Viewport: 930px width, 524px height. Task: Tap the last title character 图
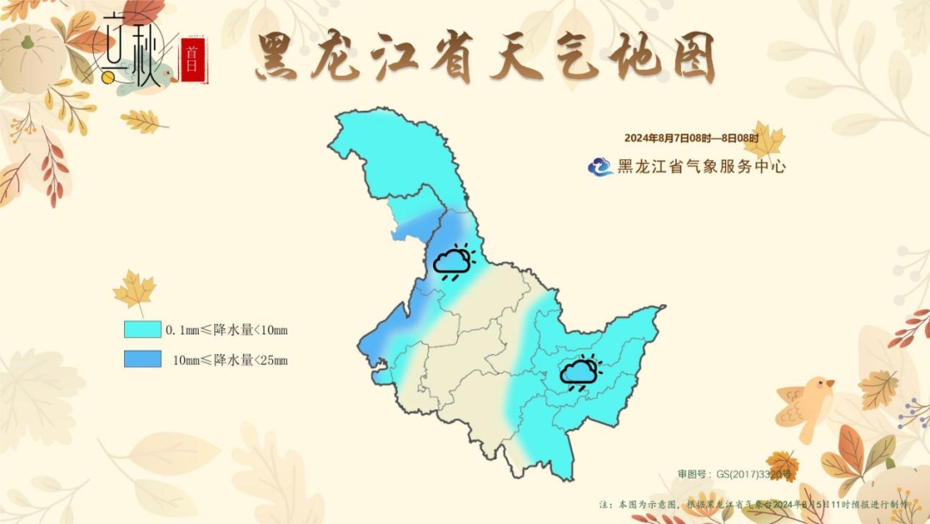690,58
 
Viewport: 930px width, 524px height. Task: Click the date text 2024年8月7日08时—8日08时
691,139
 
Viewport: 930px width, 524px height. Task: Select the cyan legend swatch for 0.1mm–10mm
142,329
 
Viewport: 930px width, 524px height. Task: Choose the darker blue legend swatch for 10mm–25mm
142,359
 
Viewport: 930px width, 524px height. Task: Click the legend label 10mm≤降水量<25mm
230,359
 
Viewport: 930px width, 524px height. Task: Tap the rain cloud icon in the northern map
453,263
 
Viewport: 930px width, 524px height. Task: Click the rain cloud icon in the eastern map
580,372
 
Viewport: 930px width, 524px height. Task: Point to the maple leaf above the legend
134,289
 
